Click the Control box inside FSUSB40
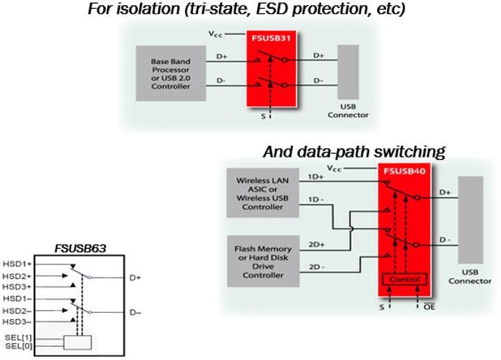[402, 280]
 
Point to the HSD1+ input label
[15, 263]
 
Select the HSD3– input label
[15, 322]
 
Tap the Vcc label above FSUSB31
[214, 35]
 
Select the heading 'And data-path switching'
[354, 152]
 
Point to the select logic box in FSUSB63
[78, 342]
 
